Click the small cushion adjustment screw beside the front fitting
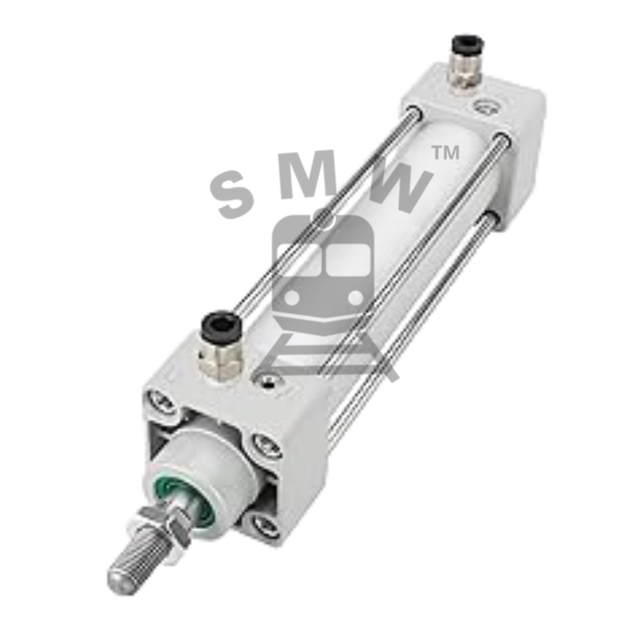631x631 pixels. (268, 380)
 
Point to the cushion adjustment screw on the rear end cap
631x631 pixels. (484, 106)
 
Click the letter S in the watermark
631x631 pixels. (231, 193)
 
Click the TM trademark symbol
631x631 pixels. (445, 153)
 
